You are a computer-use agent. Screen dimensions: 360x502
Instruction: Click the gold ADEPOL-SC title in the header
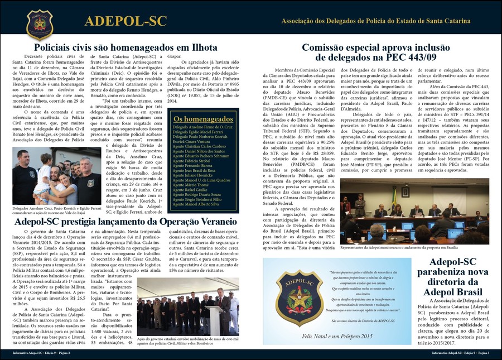[126, 21]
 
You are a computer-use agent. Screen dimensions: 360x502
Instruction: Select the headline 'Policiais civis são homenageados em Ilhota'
[125, 48]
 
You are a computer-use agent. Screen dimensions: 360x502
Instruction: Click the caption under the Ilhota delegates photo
[56, 211]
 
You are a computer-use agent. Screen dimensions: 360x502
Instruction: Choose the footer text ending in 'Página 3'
[462, 353]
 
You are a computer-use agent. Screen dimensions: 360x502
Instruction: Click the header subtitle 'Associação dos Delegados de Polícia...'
[375, 21]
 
